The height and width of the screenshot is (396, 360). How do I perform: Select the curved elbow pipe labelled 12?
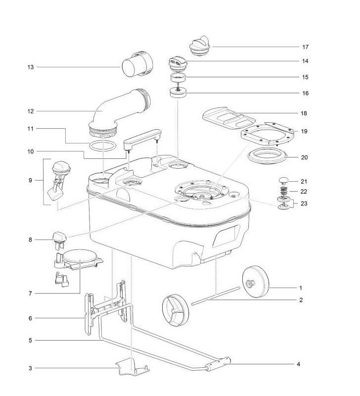coord(114,111)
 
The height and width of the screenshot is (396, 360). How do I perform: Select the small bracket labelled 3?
coord(133,367)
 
